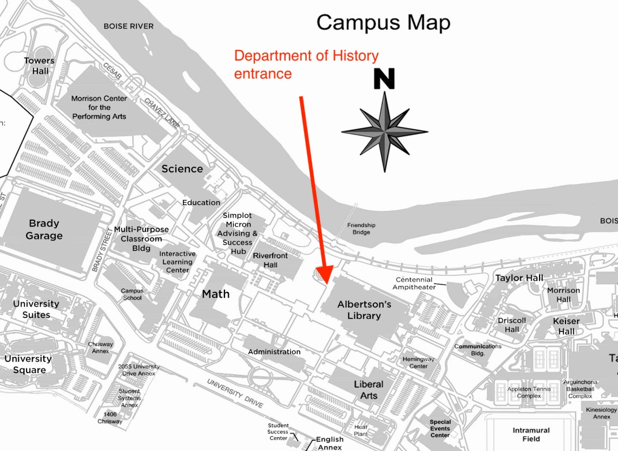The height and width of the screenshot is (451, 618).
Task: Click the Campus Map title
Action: pos(383,23)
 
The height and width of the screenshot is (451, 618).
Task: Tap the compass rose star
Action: pos(384,131)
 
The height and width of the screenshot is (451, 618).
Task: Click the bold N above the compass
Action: pos(384,79)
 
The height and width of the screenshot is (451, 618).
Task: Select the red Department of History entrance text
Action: pos(306,64)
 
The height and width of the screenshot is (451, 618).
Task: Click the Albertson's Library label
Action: pos(364,310)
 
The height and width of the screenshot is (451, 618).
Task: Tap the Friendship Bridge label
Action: pos(361,229)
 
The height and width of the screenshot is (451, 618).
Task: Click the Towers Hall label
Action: pos(40,66)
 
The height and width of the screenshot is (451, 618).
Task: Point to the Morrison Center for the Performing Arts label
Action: pos(99,107)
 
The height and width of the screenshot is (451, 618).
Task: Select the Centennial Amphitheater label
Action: pos(415,283)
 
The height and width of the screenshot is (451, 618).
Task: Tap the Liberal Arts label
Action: pos(369,390)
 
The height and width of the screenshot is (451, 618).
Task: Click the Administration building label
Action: pos(274,352)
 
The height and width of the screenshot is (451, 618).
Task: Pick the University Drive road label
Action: pos(235,393)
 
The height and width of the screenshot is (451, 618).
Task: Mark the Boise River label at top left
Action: pos(128,26)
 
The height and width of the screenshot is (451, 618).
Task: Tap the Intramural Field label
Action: pos(531,434)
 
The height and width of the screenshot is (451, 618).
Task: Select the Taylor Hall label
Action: pos(519,278)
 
